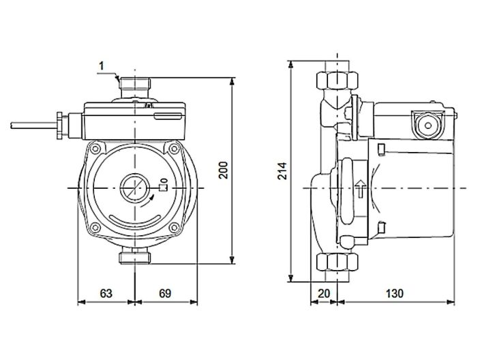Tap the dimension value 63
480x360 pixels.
[x=106, y=293]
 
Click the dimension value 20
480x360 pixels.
[x=325, y=293]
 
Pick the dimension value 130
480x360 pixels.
[x=395, y=293]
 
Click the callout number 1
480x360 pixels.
[x=101, y=65]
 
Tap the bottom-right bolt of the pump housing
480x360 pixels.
[x=175, y=226]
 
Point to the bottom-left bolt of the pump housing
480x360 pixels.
[x=97, y=226]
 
